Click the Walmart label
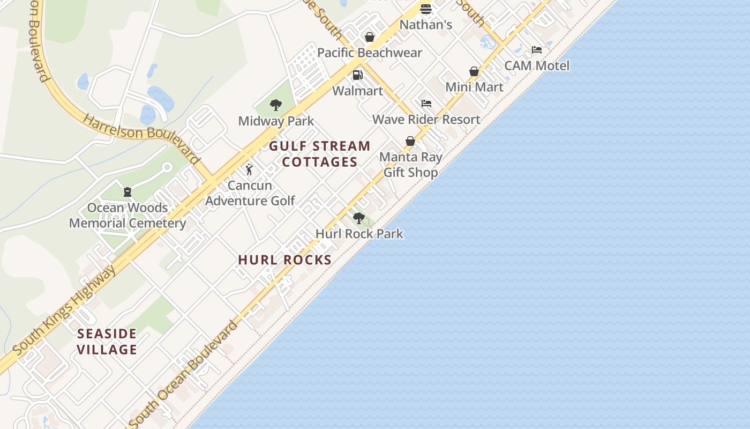click(357, 91)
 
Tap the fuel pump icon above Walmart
click(357, 75)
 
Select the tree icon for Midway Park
click(276, 105)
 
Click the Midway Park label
click(276, 121)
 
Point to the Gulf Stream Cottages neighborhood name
click(320, 154)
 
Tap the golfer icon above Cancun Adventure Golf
click(249, 169)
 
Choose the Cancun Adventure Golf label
click(250, 193)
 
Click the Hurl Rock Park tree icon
click(359, 218)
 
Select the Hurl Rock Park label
click(359, 234)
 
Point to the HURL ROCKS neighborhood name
click(285, 260)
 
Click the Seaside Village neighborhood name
click(107, 342)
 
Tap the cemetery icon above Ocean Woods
click(127, 191)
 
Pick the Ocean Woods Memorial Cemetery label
click(127, 216)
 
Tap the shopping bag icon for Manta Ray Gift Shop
click(410, 141)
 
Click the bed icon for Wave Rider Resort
click(426, 103)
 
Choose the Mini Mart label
click(474, 87)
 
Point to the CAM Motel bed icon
click(537, 50)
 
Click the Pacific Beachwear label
click(370, 53)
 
